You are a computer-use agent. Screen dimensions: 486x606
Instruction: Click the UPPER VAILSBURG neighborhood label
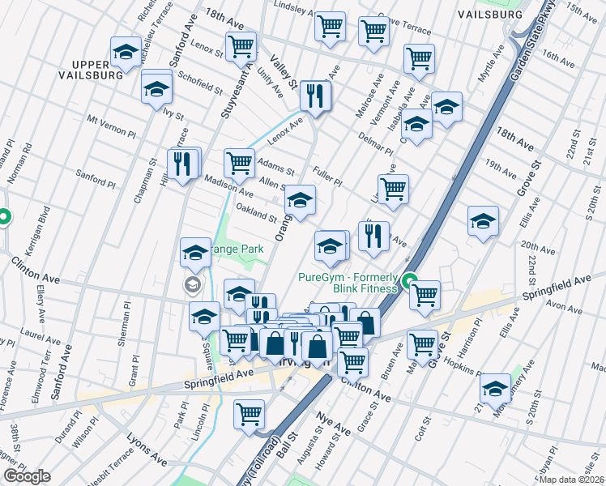pos(96,69)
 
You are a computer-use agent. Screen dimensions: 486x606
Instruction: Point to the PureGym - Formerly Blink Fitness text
pos(348,283)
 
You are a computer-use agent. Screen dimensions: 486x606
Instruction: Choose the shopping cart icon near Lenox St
pos(241,46)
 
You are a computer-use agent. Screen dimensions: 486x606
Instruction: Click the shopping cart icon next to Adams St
pos(239,162)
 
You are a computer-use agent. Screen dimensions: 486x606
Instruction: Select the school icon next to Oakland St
pos(300,200)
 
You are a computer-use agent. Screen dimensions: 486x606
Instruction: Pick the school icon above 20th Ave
pos(483,220)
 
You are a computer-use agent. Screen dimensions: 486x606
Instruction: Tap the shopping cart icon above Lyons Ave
pos(250,414)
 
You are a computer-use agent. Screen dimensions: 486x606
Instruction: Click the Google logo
pos(27,476)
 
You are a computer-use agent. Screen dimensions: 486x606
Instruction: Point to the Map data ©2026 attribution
pos(571,480)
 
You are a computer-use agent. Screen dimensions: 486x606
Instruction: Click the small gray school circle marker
pos(193,283)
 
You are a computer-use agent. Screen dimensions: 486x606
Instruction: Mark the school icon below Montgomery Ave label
pos(495,388)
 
